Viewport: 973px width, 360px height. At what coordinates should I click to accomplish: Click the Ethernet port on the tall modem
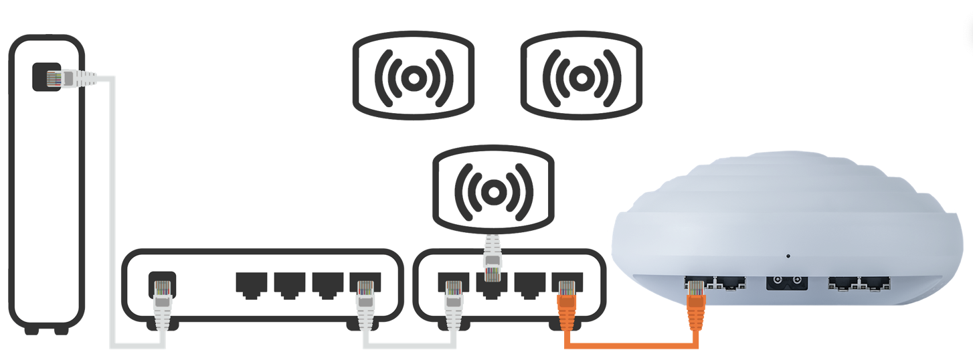[47, 77]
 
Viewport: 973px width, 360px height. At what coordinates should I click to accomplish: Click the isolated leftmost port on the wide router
[161, 282]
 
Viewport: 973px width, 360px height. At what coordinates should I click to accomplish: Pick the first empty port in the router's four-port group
[251, 284]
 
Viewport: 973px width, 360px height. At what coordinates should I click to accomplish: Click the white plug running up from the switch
[493, 258]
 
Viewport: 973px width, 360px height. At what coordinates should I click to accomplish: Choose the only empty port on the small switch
[529, 284]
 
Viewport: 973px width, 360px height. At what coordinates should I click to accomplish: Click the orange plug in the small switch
[567, 304]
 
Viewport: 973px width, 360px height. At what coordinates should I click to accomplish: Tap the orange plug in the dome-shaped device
[696, 304]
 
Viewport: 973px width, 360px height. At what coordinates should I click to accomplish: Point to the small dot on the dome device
[788, 256]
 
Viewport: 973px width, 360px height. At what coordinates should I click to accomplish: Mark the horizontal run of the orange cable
[632, 345]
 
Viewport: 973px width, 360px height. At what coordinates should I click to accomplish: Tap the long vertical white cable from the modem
[112, 214]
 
